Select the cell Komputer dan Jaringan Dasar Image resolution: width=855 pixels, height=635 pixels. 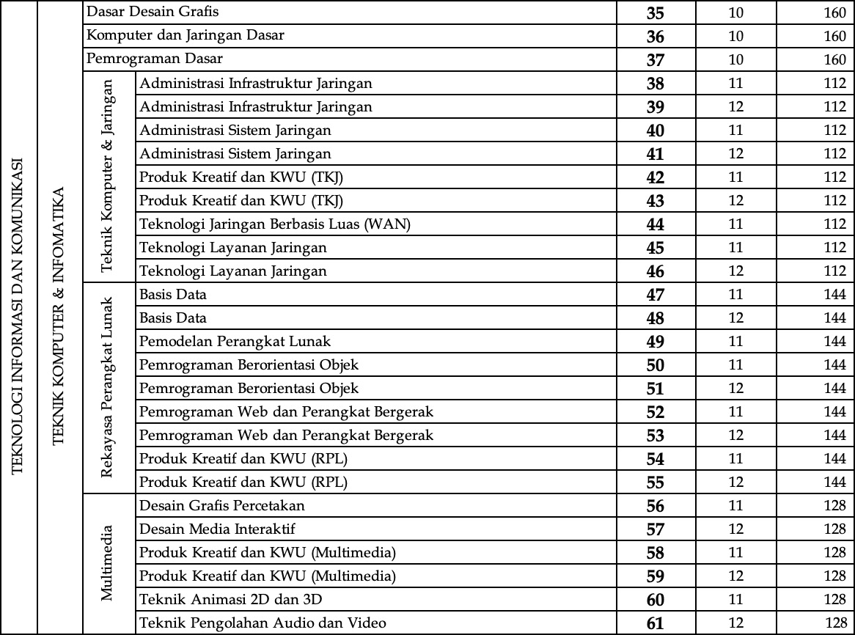click(186, 35)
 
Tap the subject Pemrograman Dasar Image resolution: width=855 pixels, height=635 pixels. click(155, 59)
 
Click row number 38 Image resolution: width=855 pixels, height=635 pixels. click(656, 83)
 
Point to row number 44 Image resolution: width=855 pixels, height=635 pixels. click(656, 224)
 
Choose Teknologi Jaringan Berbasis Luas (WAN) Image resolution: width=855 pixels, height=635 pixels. click(275, 224)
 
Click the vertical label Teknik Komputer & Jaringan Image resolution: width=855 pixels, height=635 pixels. click(109, 176)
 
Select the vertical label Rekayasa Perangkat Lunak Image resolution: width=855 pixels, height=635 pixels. click(109, 387)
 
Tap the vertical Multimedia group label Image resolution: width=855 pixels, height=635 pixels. click(109, 562)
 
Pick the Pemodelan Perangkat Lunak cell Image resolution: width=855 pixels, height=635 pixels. click(235, 341)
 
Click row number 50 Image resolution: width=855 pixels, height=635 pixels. click(656, 364)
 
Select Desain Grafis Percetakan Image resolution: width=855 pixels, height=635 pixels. click(222, 505)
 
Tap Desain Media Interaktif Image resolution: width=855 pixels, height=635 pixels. click(218, 529)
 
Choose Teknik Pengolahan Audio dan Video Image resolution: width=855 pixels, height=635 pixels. click(263, 623)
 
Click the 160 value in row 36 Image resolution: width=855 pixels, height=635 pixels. click(834, 36)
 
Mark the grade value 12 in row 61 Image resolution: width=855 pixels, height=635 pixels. click(736, 623)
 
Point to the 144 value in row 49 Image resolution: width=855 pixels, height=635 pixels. click(834, 341)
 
